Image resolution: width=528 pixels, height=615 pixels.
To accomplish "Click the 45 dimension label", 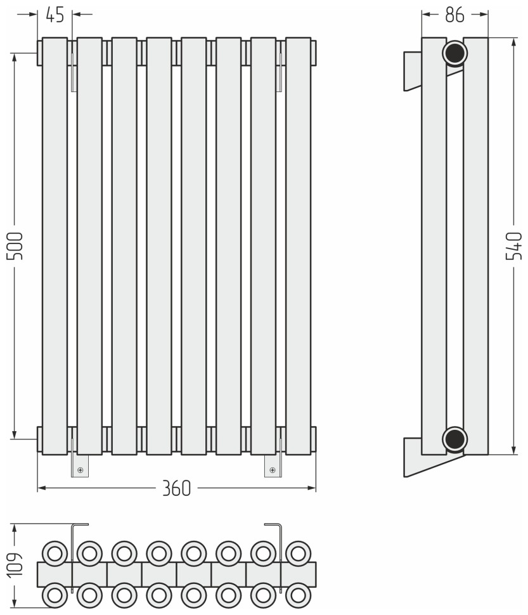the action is pos(55,15).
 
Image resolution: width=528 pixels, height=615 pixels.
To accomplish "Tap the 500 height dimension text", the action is pos(15,246).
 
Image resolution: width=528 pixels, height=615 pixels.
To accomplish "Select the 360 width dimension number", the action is pos(176,488).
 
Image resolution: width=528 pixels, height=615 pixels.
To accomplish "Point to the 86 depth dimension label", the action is pos(454,15).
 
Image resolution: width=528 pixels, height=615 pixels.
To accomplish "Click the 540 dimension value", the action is pos(514,246).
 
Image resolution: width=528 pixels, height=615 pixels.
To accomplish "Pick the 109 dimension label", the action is pos(15,566).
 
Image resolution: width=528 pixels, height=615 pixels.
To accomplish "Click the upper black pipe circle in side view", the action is pos(454,53).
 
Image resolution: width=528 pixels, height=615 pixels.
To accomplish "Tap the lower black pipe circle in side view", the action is pos(454,439).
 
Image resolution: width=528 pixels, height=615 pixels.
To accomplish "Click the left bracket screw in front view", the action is pos(80,470).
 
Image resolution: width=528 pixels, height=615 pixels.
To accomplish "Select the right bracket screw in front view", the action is pos(273,470).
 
